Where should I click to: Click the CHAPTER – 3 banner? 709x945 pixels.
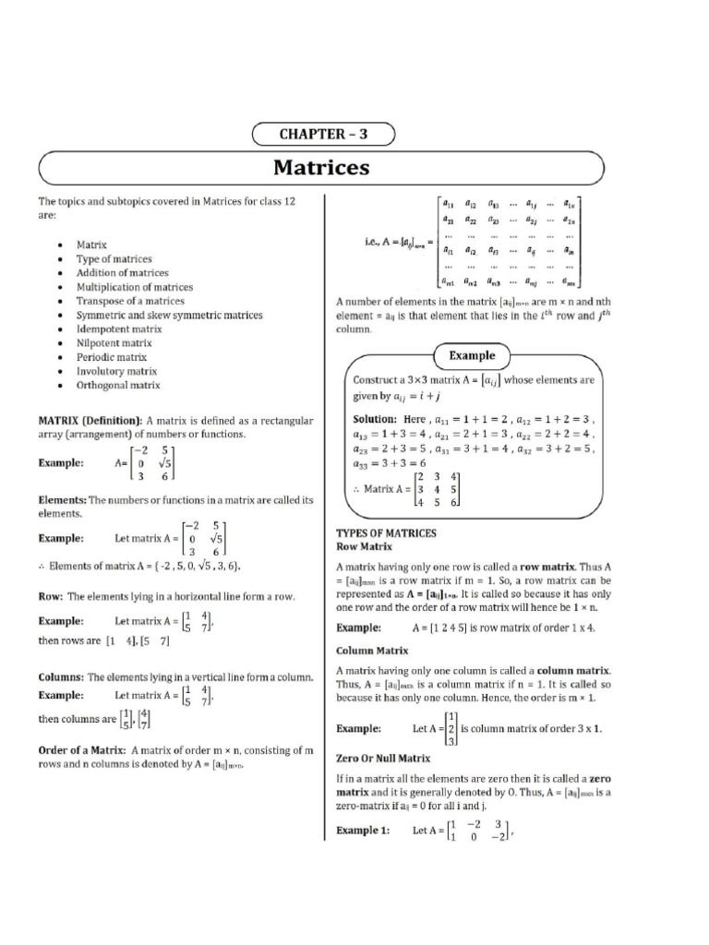(323, 135)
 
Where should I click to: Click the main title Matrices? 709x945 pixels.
(321, 168)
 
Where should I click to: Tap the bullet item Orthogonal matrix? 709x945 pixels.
(118, 385)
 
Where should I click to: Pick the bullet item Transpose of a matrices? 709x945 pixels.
(130, 301)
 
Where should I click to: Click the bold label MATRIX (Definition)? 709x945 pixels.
(90, 420)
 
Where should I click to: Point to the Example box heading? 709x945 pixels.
(472, 355)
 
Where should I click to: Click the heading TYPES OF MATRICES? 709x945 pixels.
(386, 533)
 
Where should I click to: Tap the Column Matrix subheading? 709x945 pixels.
(372, 651)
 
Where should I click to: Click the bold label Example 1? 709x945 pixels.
(362, 830)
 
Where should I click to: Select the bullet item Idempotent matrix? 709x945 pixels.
(119, 329)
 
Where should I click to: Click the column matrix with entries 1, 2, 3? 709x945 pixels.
(451, 728)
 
